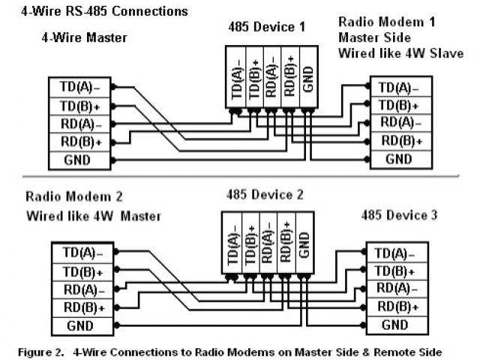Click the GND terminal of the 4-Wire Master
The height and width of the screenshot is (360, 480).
pos(77,160)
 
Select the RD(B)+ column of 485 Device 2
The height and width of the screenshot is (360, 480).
pos(285,244)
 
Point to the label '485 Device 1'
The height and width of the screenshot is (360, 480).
pos(267,27)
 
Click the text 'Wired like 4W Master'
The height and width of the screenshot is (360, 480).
pos(94,217)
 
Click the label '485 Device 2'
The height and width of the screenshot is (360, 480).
pos(265,195)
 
